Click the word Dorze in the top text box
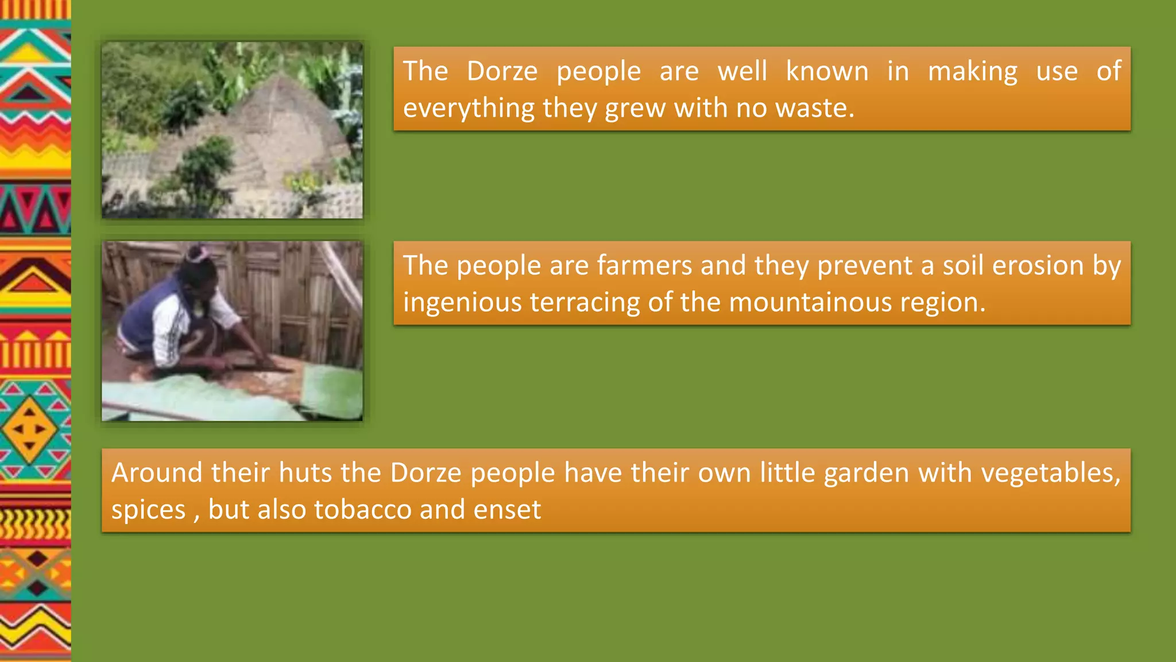pyautogui.click(x=502, y=71)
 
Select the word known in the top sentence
pyautogui.click(x=827, y=71)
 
